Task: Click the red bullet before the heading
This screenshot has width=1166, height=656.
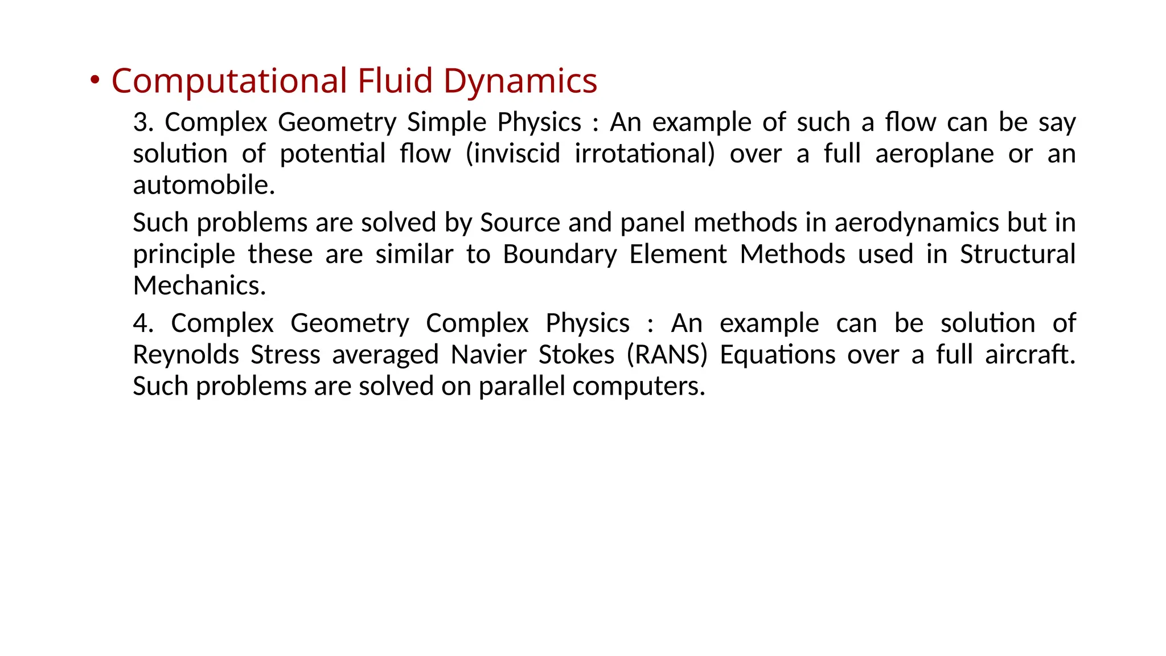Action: coord(95,80)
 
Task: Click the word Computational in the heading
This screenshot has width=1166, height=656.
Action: coord(229,81)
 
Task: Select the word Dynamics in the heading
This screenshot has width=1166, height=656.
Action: coord(520,81)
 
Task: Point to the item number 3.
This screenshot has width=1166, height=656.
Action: coord(142,122)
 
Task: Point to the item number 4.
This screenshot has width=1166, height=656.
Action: coord(142,323)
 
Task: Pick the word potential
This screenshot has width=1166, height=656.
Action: coord(332,154)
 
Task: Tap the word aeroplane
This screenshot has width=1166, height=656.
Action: coord(934,154)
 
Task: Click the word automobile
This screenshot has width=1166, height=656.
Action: coord(203,185)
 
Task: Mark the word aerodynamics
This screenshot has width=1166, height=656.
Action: coord(917,223)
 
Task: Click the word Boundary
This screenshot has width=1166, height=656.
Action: coord(560,255)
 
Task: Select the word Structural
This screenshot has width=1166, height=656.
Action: coord(1017,255)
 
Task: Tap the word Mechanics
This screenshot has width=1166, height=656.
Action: coord(199,286)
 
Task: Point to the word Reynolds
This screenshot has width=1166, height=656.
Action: coord(186,355)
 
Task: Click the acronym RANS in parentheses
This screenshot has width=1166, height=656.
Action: coord(667,355)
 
